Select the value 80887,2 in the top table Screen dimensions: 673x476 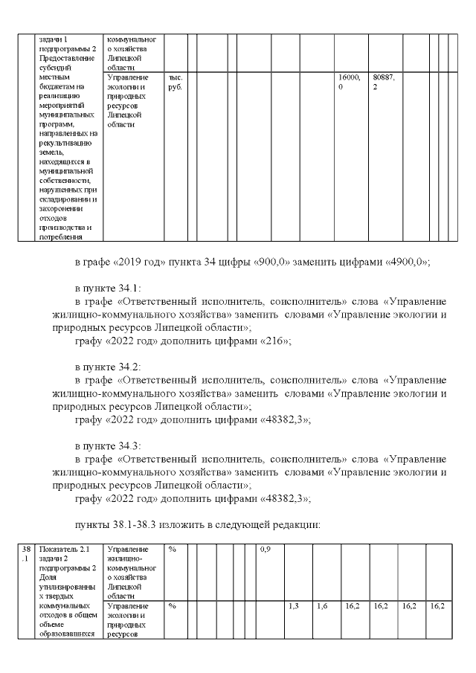click(x=382, y=82)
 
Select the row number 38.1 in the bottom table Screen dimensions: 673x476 click(x=26, y=554)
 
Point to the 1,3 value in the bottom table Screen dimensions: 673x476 click(x=294, y=607)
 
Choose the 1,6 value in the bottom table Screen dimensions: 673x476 click(x=322, y=607)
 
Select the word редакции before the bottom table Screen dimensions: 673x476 click(x=293, y=524)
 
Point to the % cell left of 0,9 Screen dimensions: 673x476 click(x=172, y=550)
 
